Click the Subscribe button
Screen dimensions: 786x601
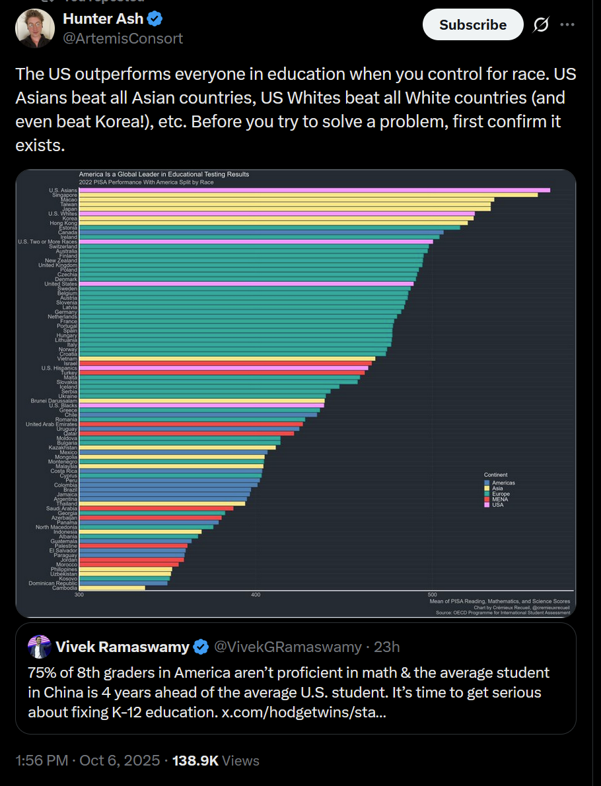pyautogui.click(x=473, y=25)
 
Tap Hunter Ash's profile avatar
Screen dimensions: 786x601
pyautogui.click(x=35, y=28)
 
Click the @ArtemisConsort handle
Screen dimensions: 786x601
pyautogui.click(x=123, y=38)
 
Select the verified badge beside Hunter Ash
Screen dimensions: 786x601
pyautogui.click(x=156, y=19)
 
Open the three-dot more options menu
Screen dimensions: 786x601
pyautogui.click(x=567, y=25)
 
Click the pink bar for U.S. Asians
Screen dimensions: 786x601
pyautogui.click(x=314, y=190)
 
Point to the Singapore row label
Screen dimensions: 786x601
pyautogui.click(x=65, y=195)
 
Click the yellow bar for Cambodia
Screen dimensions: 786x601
pyautogui.click(x=112, y=588)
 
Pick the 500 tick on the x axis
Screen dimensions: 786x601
pyautogui.click(x=432, y=595)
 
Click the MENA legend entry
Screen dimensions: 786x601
pyautogui.click(x=499, y=499)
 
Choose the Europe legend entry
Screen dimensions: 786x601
pyautogui.click(x=500, y=494)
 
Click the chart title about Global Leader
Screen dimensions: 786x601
pyautogui.click(x=164, y=174)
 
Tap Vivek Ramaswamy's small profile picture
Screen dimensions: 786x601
pyautogui.click(x=40, y=647)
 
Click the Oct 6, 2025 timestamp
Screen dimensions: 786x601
pyautogui.click(x=120, y=760)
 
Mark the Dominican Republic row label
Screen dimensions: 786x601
pyautogui.click(x=53, y=583)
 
